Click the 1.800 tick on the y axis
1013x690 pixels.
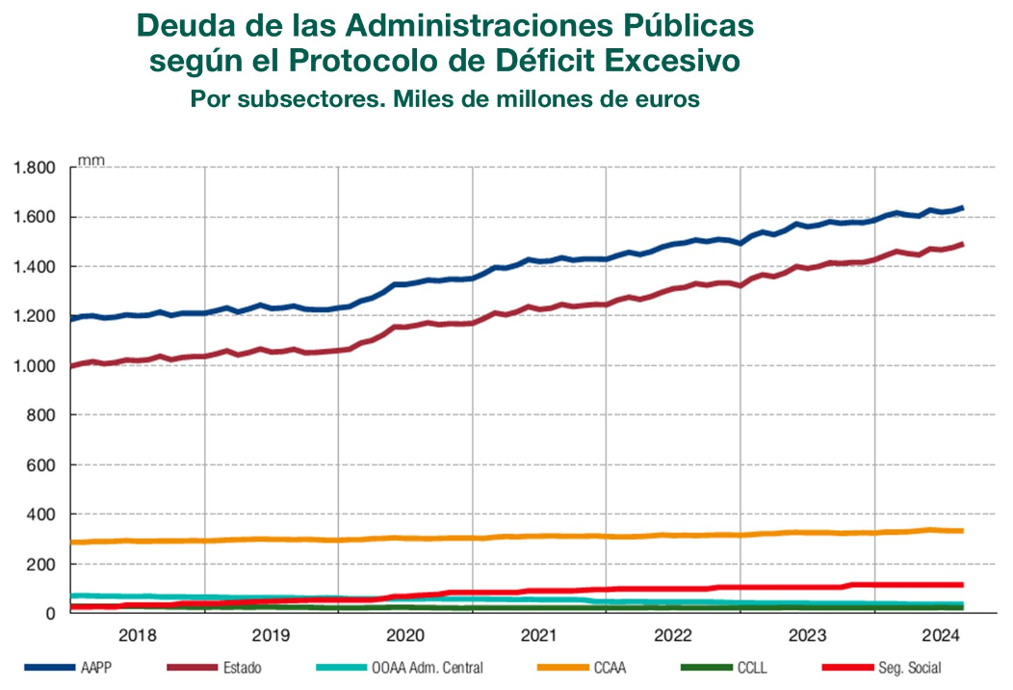(x=35, y=168)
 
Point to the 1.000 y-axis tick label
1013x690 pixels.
(x=35, y=366)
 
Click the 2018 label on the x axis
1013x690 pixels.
(x=138, y=636)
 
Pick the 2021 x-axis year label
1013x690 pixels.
(x=539, y=636)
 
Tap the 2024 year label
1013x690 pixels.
(x=941, y=636)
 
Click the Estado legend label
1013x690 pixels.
(x=241, y=667)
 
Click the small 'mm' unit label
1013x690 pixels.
(x=91, y=160)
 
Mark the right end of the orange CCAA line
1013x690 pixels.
(x=962, y=531)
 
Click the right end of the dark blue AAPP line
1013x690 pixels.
(x=962, y=208)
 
